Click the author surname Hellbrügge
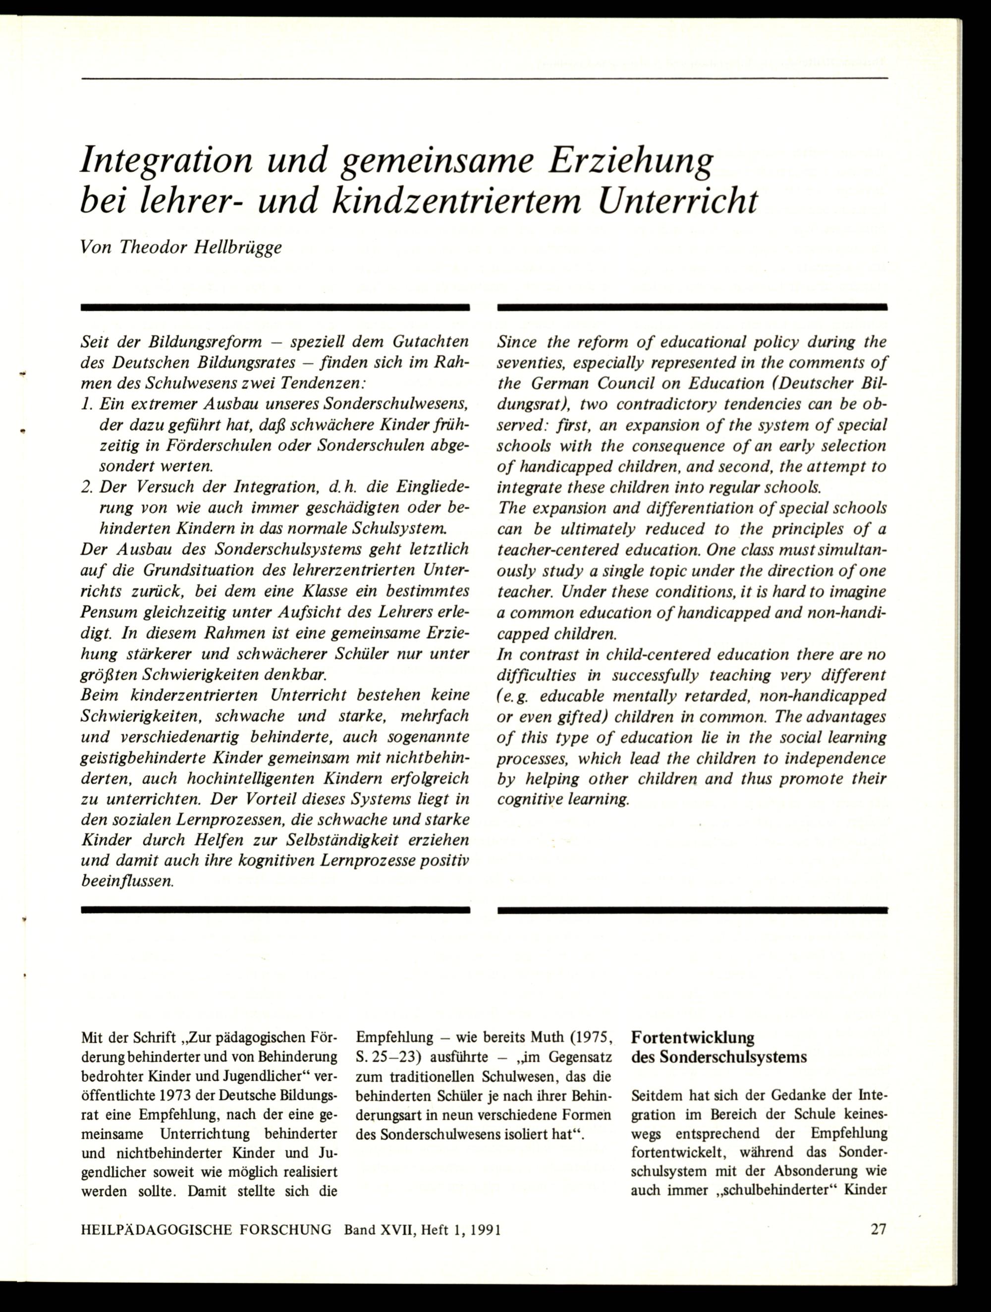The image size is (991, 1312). tap(238, 247)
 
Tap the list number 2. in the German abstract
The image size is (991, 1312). tap(87, 487)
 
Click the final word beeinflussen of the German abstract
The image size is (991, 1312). tap(127, 881)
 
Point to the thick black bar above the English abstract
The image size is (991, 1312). tap(692, 307)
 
